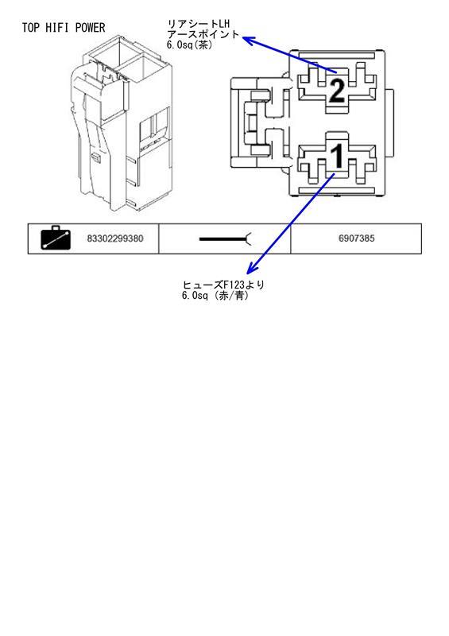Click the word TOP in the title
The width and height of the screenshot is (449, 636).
(x=30, y=28)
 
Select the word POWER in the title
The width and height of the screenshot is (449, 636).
(x=90, y=28)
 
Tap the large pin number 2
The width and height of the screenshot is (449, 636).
(x=337, y=91)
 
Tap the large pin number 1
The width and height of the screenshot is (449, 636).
(x=337, y=156)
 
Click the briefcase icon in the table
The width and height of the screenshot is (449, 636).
(x=56, y=238)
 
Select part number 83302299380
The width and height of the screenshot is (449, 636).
(x=115, y=238)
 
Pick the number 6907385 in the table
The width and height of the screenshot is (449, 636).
(x=357, y=238)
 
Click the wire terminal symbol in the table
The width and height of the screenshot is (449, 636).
(x=226, y=239)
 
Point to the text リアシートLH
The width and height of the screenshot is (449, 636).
(x=199, y=25)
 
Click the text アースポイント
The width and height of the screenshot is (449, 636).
(x=203, y=34)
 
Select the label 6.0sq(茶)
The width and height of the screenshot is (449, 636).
(x=189, y=45)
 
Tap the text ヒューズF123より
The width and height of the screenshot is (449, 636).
(x=223, y=285)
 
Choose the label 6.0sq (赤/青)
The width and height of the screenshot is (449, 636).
(x=215, y=295)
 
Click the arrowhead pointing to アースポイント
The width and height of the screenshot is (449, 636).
(x=248, y=41)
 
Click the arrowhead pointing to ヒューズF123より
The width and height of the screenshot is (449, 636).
(x=252, y=268)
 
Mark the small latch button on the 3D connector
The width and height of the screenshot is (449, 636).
(x=96, y=157)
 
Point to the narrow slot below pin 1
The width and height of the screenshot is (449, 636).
(x=336, y=191)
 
